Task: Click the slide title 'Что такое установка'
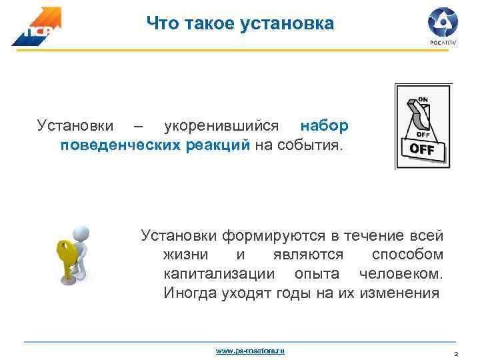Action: [x=240, y=25]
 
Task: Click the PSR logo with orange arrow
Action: [x=36, y=27]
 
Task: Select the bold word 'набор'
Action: [x=324, y=126]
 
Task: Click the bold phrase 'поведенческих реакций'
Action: [x=155, y=145]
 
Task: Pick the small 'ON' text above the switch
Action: [x=423, y=99]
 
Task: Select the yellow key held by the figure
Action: [x=65, y=257]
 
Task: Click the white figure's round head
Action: [x=81, y=234]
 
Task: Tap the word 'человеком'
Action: [x=400, y=274]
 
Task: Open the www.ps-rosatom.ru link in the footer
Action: [x=250, y=350]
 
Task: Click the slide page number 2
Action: [x=455, y=354]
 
